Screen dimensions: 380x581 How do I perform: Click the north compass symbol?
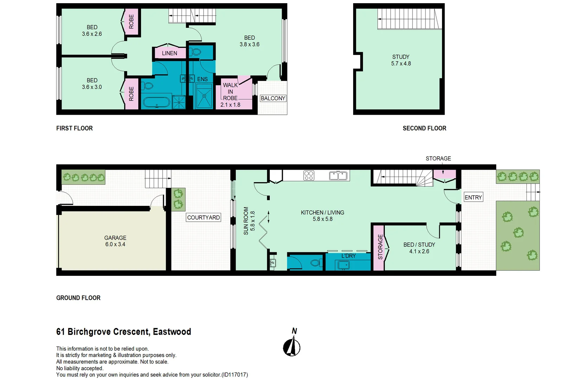pyautogui.click(x=292, y=347)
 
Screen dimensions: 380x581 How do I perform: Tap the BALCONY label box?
pyautogui.click(x=273, y=99)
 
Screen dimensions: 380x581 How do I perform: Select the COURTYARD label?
pyautogui.click(x=203, y=217)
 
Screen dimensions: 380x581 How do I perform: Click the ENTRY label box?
pyautogui.click(x=473, y=197)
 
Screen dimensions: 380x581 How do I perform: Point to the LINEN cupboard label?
pyautogui.click(x=170, y=53)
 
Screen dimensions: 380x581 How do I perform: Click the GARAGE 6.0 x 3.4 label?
pyautogui.click(x=115, y=241)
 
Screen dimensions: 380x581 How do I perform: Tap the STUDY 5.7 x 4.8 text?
pyautogui.click(x=401, y=60)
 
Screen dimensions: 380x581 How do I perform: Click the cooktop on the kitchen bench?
pyautogui.click(x=309, y=175)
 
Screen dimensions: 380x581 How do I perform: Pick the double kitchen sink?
pyautogui.click(x=338, y=175)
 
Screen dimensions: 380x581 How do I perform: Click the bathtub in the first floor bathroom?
pyautogui.click(x=157, y=103)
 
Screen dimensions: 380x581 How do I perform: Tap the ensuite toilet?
pyautogui.click(x=195, y=52)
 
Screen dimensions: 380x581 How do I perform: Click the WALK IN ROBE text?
pyautogui.click(x=230, y=92)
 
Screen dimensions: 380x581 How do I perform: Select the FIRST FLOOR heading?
pyautogui.click(x=74, y=128)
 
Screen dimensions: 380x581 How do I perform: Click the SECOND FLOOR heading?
pyautogui.click(x=424, y=128)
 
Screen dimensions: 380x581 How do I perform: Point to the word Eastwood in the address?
pyautogui.click(x=172, y=332)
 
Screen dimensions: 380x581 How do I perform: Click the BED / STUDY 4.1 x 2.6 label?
pyautogui.click(x=419, y=248)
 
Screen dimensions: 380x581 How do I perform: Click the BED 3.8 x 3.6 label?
pyautogui.click(x=249, y=41)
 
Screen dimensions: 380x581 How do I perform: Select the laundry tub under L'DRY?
pyautogui.click(x=344, y=265)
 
